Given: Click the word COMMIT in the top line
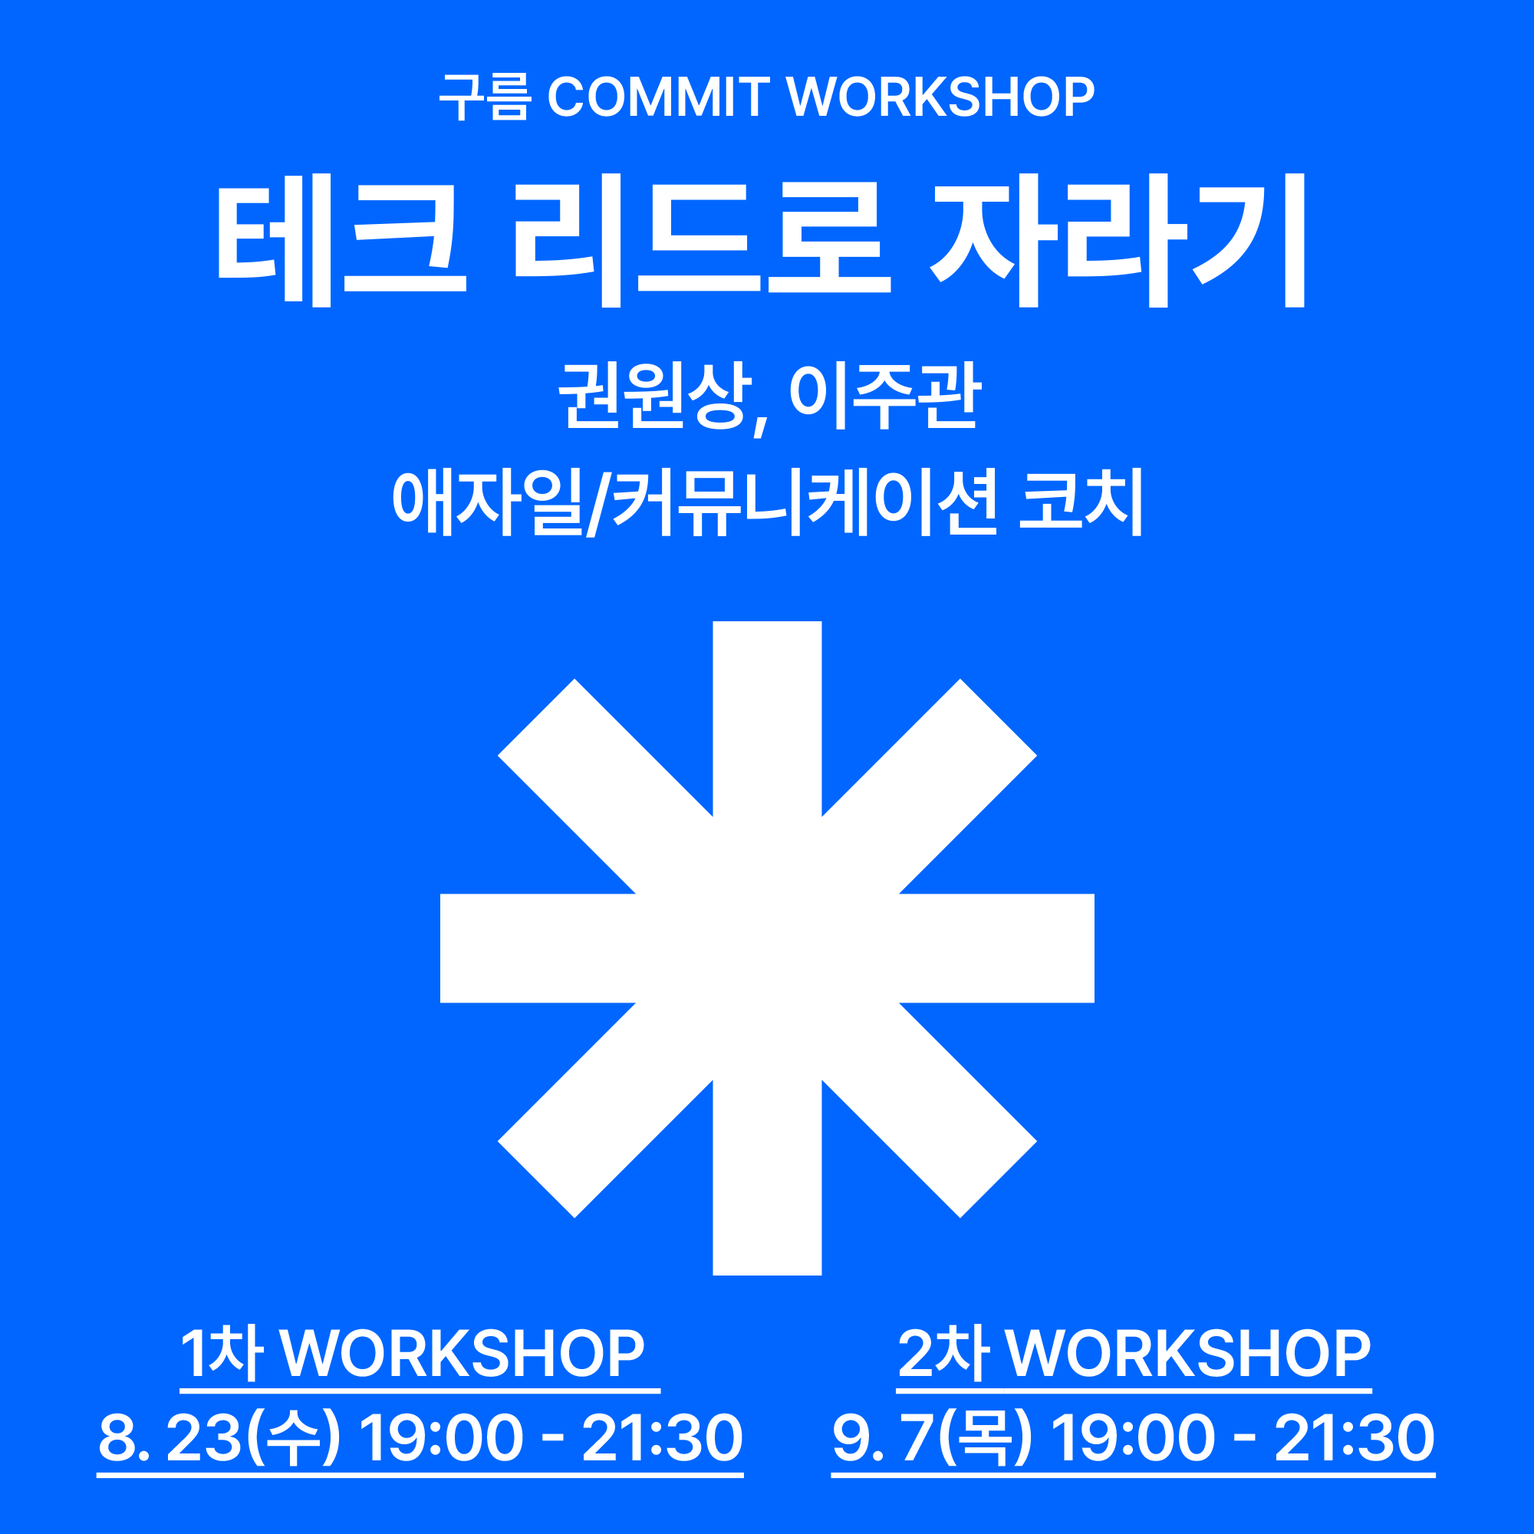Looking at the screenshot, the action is click(x=658, y=97).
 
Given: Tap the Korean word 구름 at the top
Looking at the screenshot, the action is click(x=486, y=97).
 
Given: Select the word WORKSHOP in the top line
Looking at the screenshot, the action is click(x=940, y=97).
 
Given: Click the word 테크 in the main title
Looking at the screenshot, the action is click(x=342, y=240).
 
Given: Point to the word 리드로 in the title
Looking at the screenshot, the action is click(x=703, y=240).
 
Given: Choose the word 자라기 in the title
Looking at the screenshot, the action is click(x=1118, y=240).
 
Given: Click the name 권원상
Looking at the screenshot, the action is click(x=655, y=397).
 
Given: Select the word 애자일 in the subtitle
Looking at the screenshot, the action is click(x=488, y=502).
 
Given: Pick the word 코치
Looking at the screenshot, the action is click(x=1081, y=502).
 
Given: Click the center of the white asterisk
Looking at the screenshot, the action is click(x=767, y=948).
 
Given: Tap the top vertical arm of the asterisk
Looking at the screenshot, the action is click(x=767, y=718).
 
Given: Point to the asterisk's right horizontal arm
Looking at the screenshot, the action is click(x=996, y=948).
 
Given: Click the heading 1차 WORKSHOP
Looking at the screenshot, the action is click(x=413, y=1353).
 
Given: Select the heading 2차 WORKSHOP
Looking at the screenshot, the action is click(x=1134, y=1353).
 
